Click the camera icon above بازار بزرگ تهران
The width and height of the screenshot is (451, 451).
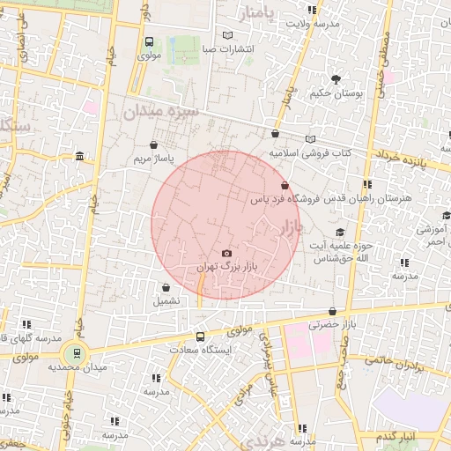click(227, 254)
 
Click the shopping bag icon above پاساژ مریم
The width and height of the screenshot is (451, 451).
click(154, 145)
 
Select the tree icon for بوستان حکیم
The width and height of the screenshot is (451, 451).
click(335, 79)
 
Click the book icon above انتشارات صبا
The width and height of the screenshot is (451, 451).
click(229, 35)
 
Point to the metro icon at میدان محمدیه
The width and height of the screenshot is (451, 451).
click(77, 354)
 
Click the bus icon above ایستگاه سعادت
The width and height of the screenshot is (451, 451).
click(200, 336)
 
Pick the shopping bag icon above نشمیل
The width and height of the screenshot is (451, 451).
click(166, 287)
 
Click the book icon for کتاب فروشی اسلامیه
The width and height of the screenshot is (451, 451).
click(309, 139)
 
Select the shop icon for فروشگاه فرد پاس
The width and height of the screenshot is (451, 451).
click(284, 186)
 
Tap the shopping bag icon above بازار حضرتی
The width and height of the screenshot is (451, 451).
click(331, 311)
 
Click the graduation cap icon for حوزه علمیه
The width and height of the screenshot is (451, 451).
click(340, 232)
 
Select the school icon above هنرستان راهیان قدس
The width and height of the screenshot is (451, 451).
click(367, 184)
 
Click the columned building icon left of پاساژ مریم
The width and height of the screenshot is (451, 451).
click(80, 157)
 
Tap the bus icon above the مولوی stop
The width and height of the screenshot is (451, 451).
click(149, 41)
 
